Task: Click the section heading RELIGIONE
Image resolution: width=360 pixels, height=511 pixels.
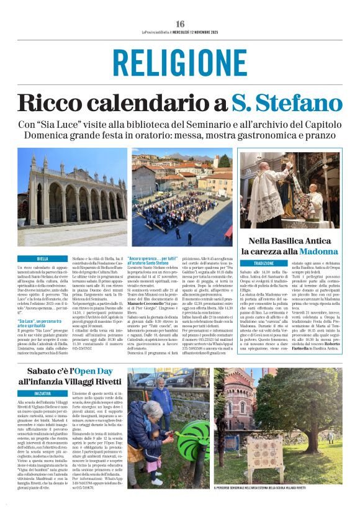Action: coord(180,63)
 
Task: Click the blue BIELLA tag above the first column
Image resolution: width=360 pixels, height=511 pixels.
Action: coord(42,258)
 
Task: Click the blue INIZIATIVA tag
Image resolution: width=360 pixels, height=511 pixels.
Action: coord(43,394)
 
